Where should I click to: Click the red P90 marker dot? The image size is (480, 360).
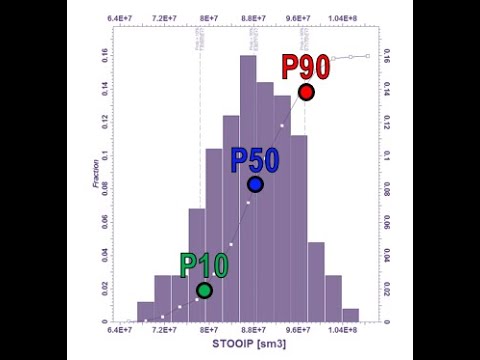click(306, 92)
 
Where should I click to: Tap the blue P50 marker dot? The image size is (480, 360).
click(255, 184)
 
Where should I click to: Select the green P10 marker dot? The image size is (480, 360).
click(204, 290)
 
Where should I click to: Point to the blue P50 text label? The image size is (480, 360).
click(255, 160)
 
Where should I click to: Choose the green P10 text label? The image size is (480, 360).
click(204, 266)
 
